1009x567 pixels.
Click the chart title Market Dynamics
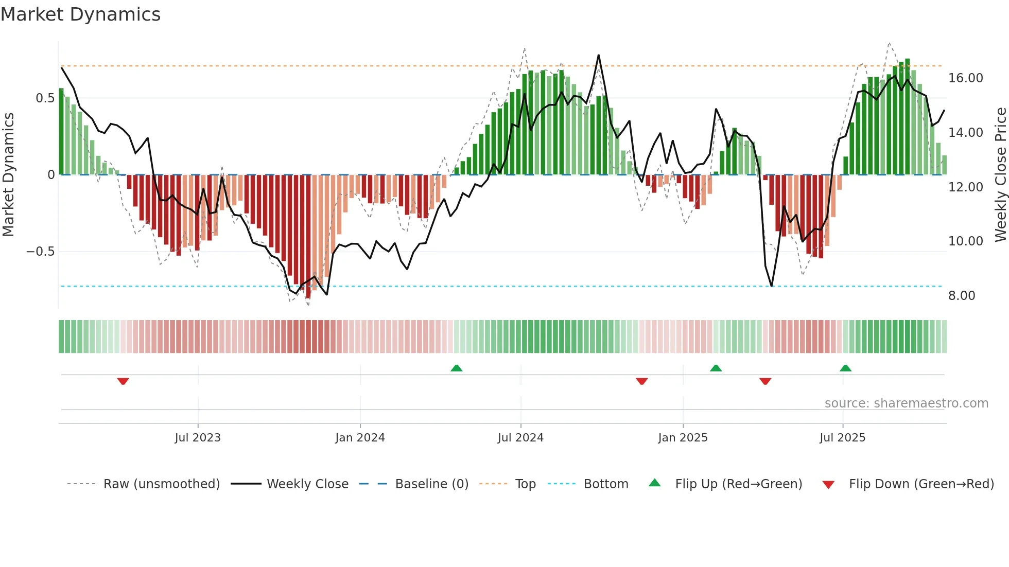[x=80, y=14]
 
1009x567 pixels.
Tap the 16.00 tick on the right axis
[x=965, y=78]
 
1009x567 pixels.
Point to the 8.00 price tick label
[x=961, y=296]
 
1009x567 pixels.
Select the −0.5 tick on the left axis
[x=40, y=252]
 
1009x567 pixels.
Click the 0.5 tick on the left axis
[x=45, y=98]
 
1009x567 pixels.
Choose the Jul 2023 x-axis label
[x=198, y=438]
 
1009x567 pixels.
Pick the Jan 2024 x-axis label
[x=360, y=438]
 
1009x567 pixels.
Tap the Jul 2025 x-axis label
[x=842, y=438]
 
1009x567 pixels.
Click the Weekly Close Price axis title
[x=1000, y=175]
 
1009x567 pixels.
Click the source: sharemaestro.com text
[x=906, y=403]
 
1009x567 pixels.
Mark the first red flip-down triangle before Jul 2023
[x=123, y=381]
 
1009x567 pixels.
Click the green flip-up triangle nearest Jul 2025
[x=845, y=368]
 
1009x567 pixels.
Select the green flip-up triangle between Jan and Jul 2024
[x=457, y=368]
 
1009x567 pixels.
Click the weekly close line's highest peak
[x=598, y=55]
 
